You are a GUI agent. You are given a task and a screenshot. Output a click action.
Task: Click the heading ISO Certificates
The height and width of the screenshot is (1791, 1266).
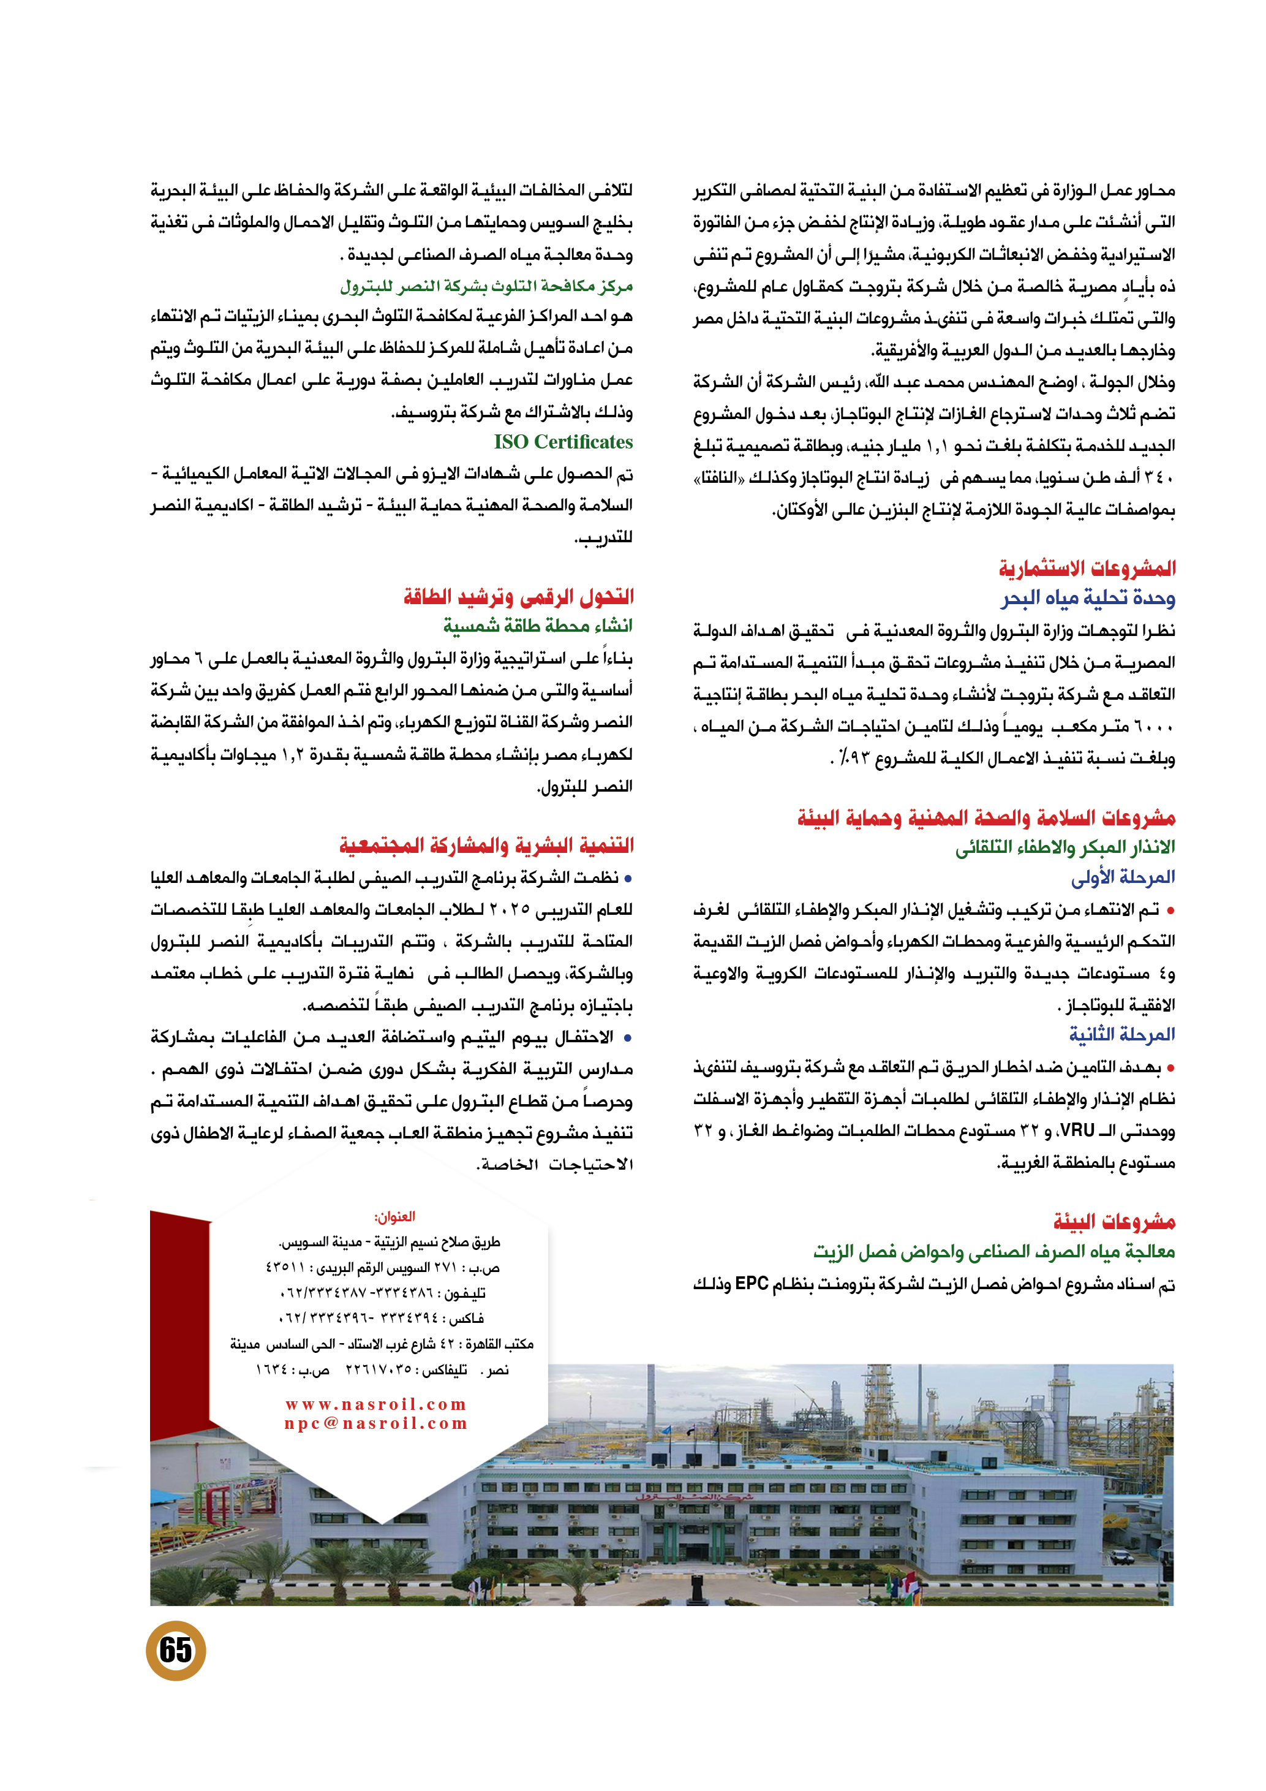(563, 442)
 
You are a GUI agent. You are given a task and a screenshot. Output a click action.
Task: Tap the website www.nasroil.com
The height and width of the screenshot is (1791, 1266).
(375, 1405)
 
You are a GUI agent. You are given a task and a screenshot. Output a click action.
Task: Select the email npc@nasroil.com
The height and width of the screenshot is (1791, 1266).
(375, 1423)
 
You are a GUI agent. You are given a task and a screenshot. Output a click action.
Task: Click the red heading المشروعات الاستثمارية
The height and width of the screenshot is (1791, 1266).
(1088, 568)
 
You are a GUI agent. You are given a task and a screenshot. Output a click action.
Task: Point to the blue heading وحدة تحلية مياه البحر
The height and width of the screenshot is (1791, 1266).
(1088, 598)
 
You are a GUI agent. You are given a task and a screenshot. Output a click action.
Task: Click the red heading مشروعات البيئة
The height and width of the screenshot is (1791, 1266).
(1114, 1221)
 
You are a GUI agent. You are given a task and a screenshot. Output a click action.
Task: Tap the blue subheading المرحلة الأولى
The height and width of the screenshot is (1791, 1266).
(1123, 877)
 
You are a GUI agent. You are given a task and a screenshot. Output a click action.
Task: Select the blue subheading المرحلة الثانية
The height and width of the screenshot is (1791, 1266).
(1122, 1035)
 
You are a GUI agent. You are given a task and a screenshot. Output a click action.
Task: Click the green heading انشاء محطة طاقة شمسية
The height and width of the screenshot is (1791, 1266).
(538, 626)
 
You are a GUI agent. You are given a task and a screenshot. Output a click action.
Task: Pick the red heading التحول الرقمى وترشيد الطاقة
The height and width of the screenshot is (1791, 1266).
(518, 597)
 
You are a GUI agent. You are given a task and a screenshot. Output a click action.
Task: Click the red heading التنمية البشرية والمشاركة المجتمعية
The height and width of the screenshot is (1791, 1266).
(486, 846)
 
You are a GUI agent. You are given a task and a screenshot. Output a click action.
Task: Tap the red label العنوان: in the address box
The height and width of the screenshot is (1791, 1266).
(394, 1217)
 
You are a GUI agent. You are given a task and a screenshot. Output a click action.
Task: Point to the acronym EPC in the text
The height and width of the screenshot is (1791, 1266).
(752, 1283)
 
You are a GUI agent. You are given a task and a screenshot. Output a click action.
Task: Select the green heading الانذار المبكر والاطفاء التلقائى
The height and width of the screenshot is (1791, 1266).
(1065, 847)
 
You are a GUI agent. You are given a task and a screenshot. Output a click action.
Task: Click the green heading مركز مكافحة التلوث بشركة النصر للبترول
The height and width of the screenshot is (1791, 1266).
(486, 286)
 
